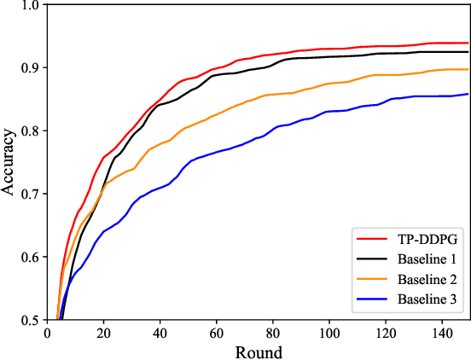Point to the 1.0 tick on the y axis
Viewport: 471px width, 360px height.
coord(30,5)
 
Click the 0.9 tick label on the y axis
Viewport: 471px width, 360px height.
coord(30,67)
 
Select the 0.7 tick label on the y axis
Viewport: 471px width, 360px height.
coord(30,194)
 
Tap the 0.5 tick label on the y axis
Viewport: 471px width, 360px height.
coord(30,320)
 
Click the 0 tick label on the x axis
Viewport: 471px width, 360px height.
coord(47,334)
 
